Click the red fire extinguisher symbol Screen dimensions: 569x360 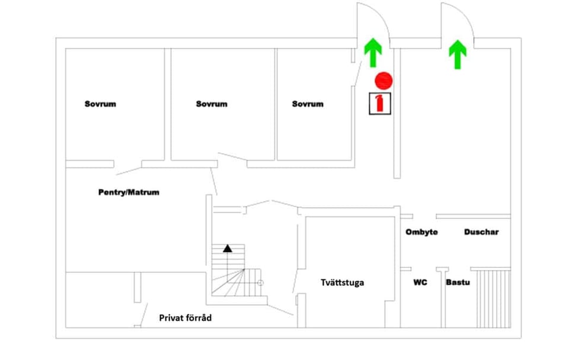pyautogui.click(x=379, y=104)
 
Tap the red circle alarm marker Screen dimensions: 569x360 pyautogui.click(x=383, y=81)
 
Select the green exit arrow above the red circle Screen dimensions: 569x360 pyautogui.click(x=373, y=53)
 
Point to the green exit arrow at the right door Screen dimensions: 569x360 pyautogui.click(x=458, y=55)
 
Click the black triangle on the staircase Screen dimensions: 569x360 pyautogui.click(x=228, y=249)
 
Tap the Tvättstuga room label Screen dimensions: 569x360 pyautogui.click(x=342, y=283)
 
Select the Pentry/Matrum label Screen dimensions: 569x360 pyautogui.click(x=129, y=192)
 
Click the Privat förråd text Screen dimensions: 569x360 pyautogui.click(x=186, y=318)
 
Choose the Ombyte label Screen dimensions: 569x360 pyautogui.click(x=421, y=232)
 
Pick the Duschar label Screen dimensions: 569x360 pyautogui.click(x=481, y=232)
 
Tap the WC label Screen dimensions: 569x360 pyautogui.click(x=420, y=282)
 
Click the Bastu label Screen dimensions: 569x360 pyautogui.click(x=458, y=282)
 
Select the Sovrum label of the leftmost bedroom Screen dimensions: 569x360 pyautogui.click(x=101, y=104)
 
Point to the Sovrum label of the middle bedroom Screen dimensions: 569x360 pyautogui.click(x=212, y=104)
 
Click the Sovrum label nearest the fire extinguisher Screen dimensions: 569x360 pyautogui.click(x=308, y=104)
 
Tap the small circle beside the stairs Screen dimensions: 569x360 pyautogui.click(x=260, y=283)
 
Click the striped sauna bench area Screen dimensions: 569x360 pyautogui.click(x=494, y=298)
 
